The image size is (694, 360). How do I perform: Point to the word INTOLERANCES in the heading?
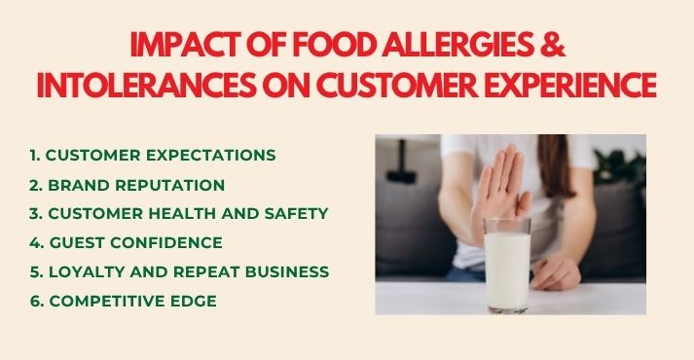[x=137, y=85]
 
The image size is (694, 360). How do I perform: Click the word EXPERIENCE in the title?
[x=562, y=85]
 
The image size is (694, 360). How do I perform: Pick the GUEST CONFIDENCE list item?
[x=126, y=242]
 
